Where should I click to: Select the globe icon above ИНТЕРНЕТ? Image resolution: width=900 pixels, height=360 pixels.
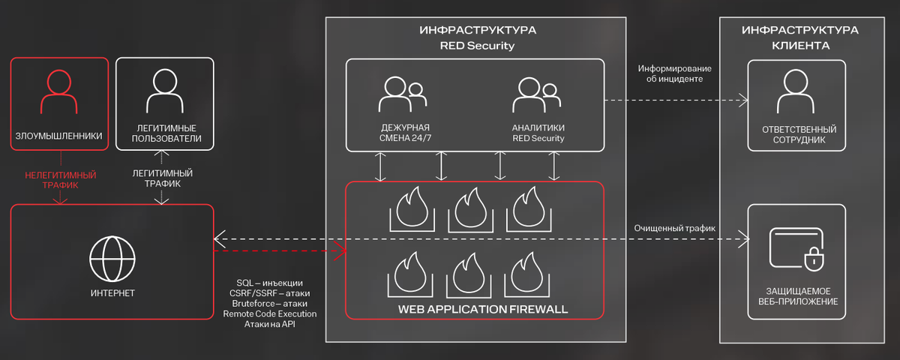click(112, 258)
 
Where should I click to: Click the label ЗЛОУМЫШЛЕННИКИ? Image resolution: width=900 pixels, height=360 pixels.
click(58, 136)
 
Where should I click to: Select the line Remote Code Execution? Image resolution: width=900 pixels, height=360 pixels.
click(269, 313)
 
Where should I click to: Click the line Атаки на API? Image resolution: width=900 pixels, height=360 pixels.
click(269, 324)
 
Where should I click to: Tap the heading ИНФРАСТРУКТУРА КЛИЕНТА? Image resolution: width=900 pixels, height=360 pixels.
click(800, 37)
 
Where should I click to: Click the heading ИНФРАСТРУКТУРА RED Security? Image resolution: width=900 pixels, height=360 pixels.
click(477, 37)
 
